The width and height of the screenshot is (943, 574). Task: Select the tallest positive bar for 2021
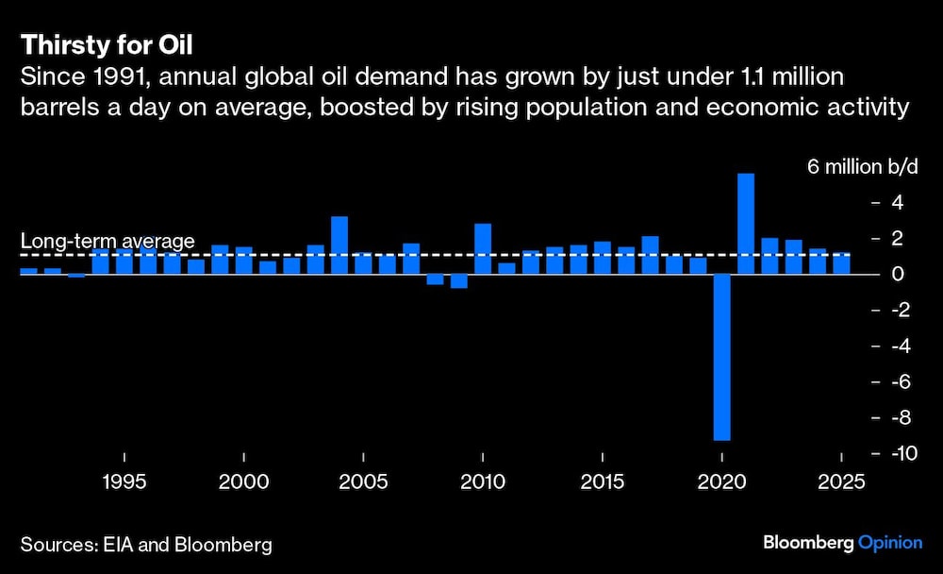tap(745, 224)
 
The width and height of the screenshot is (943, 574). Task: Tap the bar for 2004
tap(339, 245)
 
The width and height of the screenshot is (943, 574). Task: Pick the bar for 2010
tap(483, 249)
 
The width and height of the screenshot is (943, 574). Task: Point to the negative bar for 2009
tap(459, 280)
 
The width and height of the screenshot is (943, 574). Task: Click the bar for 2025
tap(841, 263)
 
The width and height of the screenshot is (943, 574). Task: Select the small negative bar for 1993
tap(76, 276)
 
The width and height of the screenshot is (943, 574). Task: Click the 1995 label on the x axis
tap(124, 481)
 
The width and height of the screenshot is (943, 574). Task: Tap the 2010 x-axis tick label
tap(483, 481)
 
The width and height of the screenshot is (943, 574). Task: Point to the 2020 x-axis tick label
tap(721, 481)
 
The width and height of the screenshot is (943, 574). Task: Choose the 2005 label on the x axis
tap(363, 481)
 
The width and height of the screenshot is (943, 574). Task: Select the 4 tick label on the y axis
tap(898, 203)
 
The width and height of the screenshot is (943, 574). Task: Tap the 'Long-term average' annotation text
tap(108, 242)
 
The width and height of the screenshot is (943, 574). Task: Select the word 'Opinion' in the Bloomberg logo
tap(891, 544)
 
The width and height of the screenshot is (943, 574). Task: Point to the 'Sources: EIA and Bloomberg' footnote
tap(146, 545)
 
